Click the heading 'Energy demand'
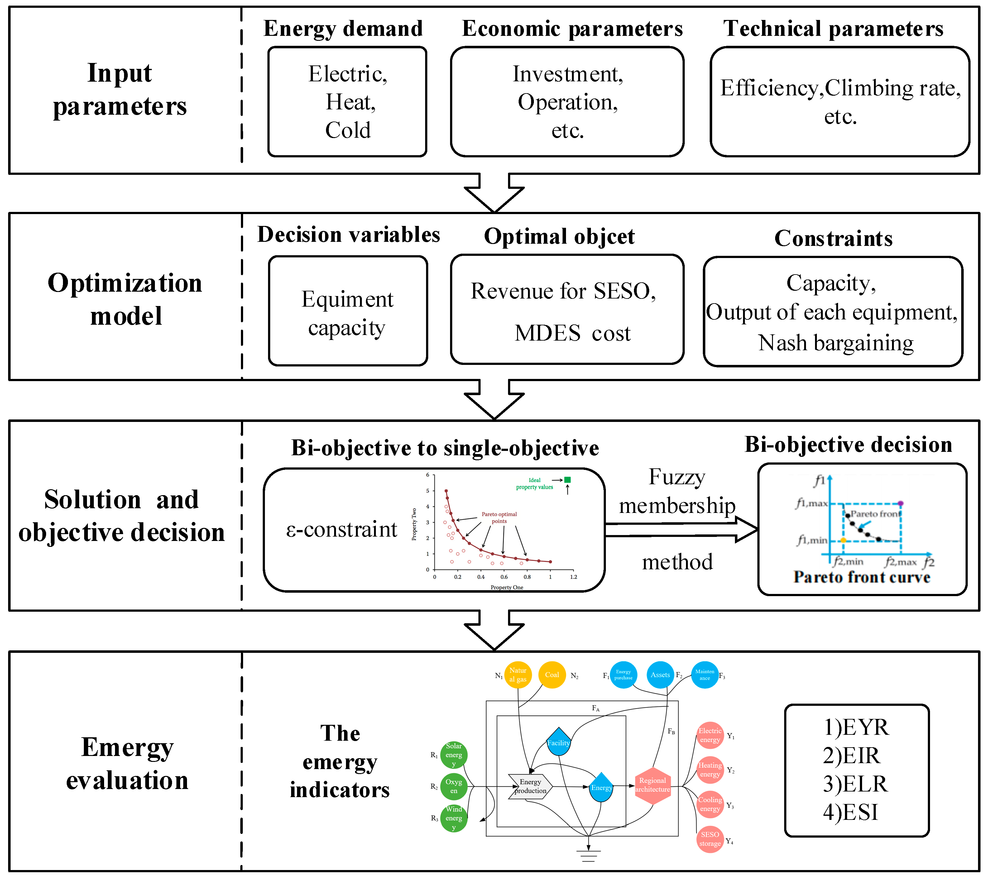point(343,29)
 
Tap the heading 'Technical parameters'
point(833,29)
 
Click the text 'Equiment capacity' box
point(348,313)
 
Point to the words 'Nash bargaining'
point(836,343)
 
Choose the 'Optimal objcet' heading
point(559,237)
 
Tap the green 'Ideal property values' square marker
point(568,480)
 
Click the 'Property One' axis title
point(506,587)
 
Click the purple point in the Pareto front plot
point(900,503)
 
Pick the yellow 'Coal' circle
point(552,675)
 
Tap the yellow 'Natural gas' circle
point(518,675)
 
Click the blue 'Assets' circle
point(660,675)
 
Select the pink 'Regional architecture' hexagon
point(652,785)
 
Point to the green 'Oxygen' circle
point(453,786)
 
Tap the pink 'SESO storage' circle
point(710,839)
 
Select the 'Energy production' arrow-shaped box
point(530,786)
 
